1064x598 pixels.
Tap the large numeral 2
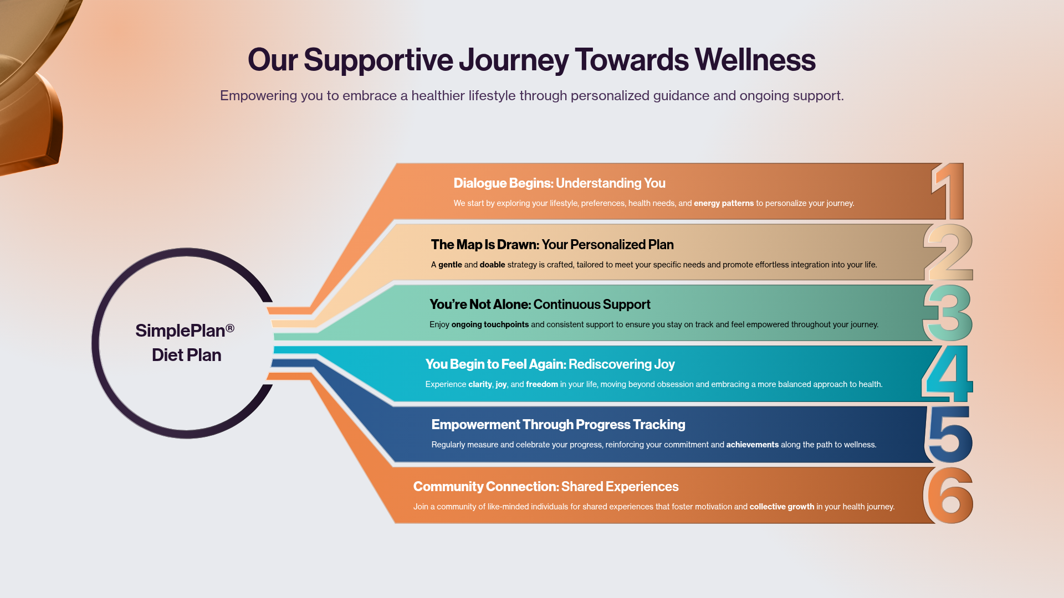pyautogui.click(x=949, y=252)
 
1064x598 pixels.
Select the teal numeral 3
pyautogui.click(x=948, y=313)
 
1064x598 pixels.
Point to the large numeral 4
pyautogui.click(x=948, y=374)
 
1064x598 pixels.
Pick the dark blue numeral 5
pyautogui.click(x=950, y=435)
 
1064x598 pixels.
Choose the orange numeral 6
pyautogui.click(x=949, y=496)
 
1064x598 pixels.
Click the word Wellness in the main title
pyautogui.click(x=755, y=60)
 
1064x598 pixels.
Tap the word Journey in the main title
pyautogui.click(x=513, y=60)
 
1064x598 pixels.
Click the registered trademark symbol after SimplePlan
pyautogui.click(x=230, y=328)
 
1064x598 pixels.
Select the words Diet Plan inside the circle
pyautogui.click(x=186, y=355)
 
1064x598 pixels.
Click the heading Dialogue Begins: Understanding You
pyautogui.click(x=559, y=183)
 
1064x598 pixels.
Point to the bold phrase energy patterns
pyautogui.click(x=724, y=203)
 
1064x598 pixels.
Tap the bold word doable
pyautogui.click(x=492, y=265)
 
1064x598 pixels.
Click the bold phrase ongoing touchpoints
pyautogui.click(x=490, y=324)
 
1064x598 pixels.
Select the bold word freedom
pyautogui.click(x=541, y=384)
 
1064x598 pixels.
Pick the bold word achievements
pyautogui.click(x=752, y=445)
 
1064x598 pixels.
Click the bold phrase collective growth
pyautogui.click(x=781, y=507)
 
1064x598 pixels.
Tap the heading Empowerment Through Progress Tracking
pyautogui.click(x=558, y=425)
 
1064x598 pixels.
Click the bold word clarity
pyautogui.click(x=480, y=384)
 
